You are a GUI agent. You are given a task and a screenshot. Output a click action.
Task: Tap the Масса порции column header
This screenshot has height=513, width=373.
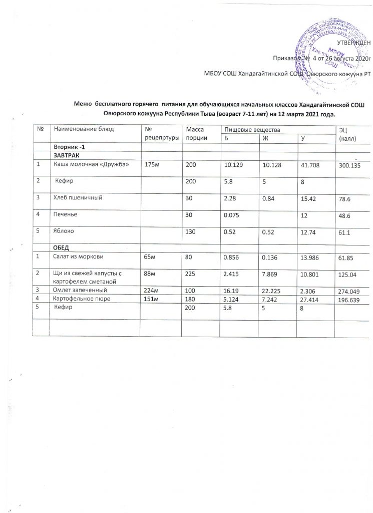[193, 134]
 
